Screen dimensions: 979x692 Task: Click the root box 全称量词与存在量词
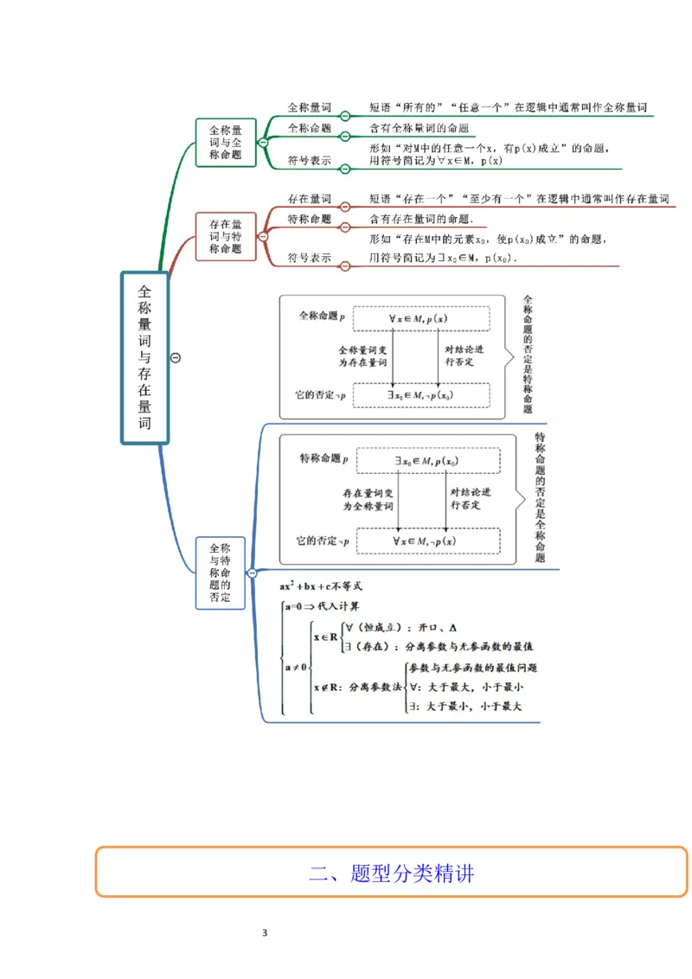(144, 357)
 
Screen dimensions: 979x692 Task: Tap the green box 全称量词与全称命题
(226, 142)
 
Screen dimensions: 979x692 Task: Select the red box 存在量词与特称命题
(226, 236)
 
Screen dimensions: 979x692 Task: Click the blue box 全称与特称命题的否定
(220, 573)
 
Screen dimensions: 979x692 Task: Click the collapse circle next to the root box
(176, 358)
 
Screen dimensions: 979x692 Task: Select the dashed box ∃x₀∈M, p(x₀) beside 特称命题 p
(428, 461)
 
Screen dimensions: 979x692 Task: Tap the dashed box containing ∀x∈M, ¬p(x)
(428, 541)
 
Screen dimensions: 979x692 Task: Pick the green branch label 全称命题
(309, 128)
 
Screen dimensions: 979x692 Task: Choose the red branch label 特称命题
(309, 220)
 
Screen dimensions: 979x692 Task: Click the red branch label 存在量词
(309, 199)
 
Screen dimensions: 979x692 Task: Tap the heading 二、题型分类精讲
(391, 873)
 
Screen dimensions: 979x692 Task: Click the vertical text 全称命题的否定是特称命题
(529, 355)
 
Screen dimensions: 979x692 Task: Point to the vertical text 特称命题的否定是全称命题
(540, 496)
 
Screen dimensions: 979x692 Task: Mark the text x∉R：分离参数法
(356, 688)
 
